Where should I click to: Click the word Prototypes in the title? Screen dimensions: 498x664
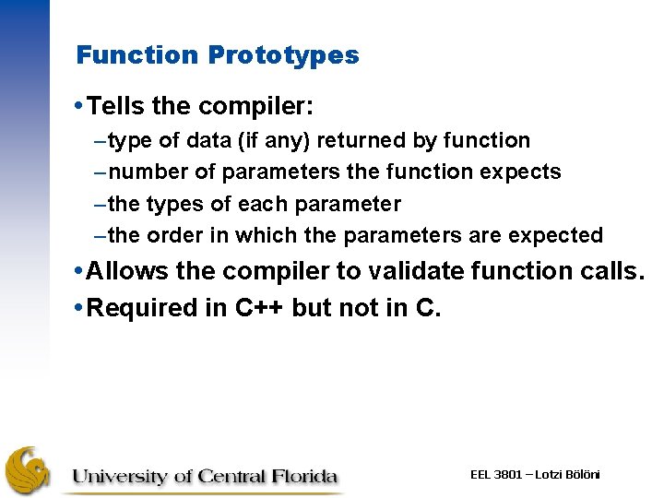point(283,55)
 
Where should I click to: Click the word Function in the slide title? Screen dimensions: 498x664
point(138,55)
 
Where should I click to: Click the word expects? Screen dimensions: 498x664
point(523,172)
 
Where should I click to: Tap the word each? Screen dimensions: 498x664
point(282,204)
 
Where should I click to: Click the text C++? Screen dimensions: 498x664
point(255,307)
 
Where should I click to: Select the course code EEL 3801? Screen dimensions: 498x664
point(497,474)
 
